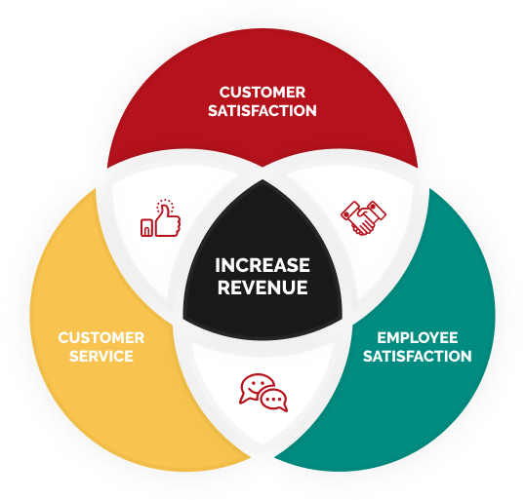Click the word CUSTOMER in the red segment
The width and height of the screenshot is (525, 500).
pos(262,93)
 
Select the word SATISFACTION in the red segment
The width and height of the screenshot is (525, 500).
pos(262,111)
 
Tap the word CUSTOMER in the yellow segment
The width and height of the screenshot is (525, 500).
pos(101,338)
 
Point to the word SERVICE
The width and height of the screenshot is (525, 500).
pos(101,356)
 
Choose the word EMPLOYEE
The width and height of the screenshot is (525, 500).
pos(418,338)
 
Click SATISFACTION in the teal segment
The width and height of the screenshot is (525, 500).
pos(418,356)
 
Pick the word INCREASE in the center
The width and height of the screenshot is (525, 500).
pos(262,265)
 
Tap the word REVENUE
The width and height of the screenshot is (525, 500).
pos(262,288)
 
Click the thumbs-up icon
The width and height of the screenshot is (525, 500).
pos(160,218)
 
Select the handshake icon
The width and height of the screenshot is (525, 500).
pos(363,218)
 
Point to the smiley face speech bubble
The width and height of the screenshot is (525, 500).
pos(257,389)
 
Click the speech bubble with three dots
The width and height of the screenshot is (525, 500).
pos(274,400)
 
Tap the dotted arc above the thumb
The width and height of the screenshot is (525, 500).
pos(165,203)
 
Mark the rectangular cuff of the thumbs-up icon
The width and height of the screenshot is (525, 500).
pos(146,227)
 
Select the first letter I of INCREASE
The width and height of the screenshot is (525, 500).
pos(218,265)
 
